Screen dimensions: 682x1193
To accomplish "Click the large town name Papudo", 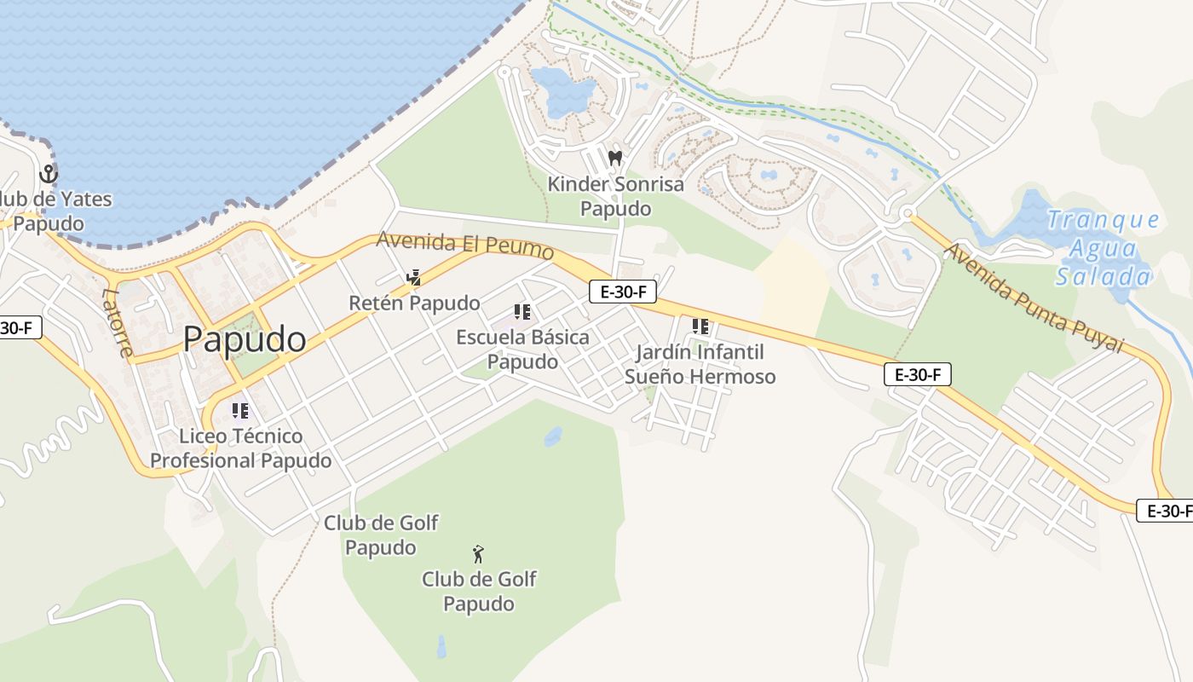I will [245, 339].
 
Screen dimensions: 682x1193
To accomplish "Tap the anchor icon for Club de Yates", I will [49, 175].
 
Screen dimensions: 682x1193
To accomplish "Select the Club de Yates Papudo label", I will [51, 211].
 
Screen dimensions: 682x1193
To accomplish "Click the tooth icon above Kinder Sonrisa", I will [615, 158].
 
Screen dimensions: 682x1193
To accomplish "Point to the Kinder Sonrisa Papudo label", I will [615, 196].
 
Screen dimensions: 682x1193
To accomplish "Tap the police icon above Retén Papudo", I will [414, 277].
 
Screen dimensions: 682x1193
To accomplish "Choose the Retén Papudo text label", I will [414, 303].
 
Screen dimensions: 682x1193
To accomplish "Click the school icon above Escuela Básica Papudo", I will [522, 312].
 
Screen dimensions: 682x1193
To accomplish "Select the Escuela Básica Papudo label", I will [522, 350].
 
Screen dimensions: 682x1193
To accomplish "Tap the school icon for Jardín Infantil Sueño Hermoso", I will [700, 326].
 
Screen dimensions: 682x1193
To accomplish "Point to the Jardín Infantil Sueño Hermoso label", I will [700, 364].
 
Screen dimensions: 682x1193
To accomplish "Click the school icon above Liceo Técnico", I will [240, 411].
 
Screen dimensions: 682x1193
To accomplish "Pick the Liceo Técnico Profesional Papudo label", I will [241, 448].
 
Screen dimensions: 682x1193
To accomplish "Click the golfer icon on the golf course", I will [479, 554].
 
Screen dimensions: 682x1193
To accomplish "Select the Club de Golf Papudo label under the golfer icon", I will [479, 592].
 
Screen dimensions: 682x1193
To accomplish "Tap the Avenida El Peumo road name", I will [465, 246].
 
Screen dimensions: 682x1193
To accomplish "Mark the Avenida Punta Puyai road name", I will [1035, 298].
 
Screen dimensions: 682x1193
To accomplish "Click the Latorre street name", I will [117, 322].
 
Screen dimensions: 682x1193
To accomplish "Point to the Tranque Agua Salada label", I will [1104, 248].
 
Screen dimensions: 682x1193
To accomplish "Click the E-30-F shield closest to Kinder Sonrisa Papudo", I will [623, 292].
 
